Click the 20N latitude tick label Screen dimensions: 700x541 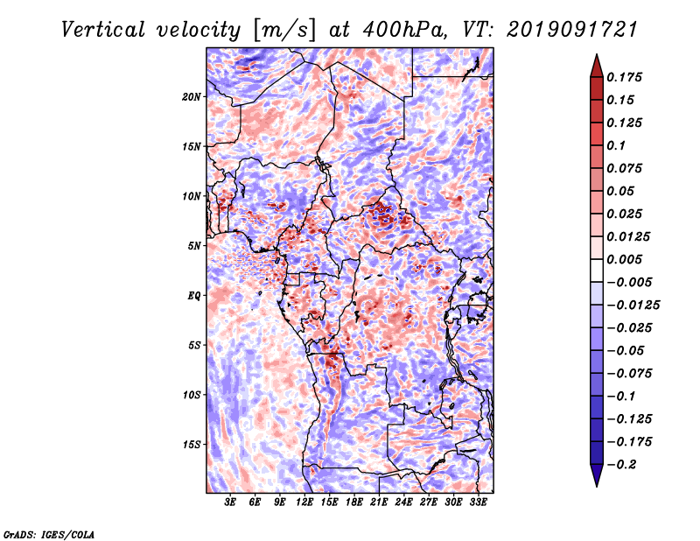[x=192, y=97]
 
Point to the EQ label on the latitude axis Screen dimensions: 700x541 [x=194, y=296]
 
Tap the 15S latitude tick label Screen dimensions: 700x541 [x=192, y=445]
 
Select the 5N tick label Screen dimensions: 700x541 [x=194, y=246]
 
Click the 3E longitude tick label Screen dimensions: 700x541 [x=230, y=502]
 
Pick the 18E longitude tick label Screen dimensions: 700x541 [x=354, y=502]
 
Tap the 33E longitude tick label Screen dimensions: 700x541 [x=478, y=502]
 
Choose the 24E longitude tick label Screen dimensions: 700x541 [x=403, y=502]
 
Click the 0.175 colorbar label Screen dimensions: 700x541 [x=624, y=77]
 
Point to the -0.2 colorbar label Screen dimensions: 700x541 [x=621, y=465]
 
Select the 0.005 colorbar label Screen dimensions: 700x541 [x=624, y=259]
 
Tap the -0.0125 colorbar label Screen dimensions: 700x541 [x=633, y=306]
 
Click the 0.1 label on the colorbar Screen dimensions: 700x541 [x=616, y=145]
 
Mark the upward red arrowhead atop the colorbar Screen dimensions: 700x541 [x=597, y=66]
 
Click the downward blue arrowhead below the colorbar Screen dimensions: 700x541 [x=597, y=475]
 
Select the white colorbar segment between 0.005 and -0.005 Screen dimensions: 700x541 [x=597, y=270]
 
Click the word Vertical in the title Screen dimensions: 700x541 [x=103, y=30]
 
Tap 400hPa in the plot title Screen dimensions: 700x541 [x=405, y=30]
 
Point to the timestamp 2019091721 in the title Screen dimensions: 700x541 [x=572, y=30]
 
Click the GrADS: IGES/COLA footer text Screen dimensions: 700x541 [x=49, y=534]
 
